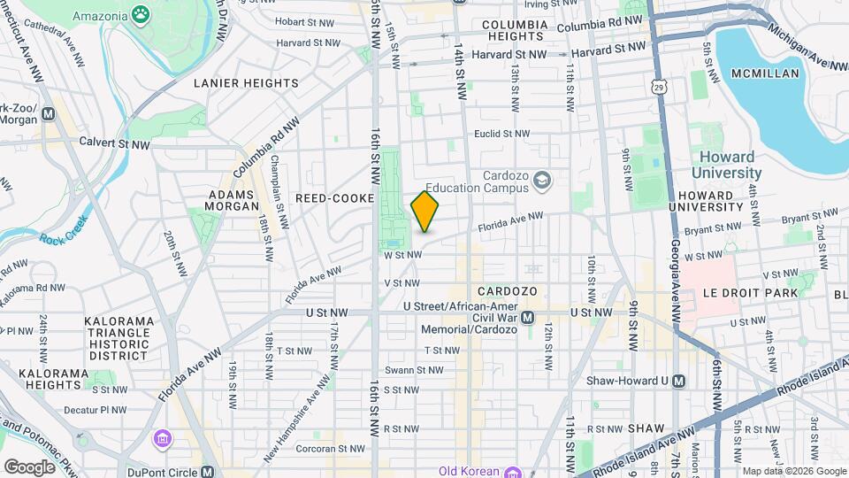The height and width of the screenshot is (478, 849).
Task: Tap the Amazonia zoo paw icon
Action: pos(141,14)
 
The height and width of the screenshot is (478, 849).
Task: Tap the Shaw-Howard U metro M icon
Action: pos(677,381)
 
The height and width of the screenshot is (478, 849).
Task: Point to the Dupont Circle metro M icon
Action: pos(206,470)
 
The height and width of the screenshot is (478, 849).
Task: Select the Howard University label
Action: pos(725,166)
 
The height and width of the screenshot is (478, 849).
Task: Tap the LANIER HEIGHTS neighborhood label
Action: pos(246,83)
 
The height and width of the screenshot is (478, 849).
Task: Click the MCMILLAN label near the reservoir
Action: pos(766,74)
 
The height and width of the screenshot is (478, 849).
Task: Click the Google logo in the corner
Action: pos(30,466)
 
